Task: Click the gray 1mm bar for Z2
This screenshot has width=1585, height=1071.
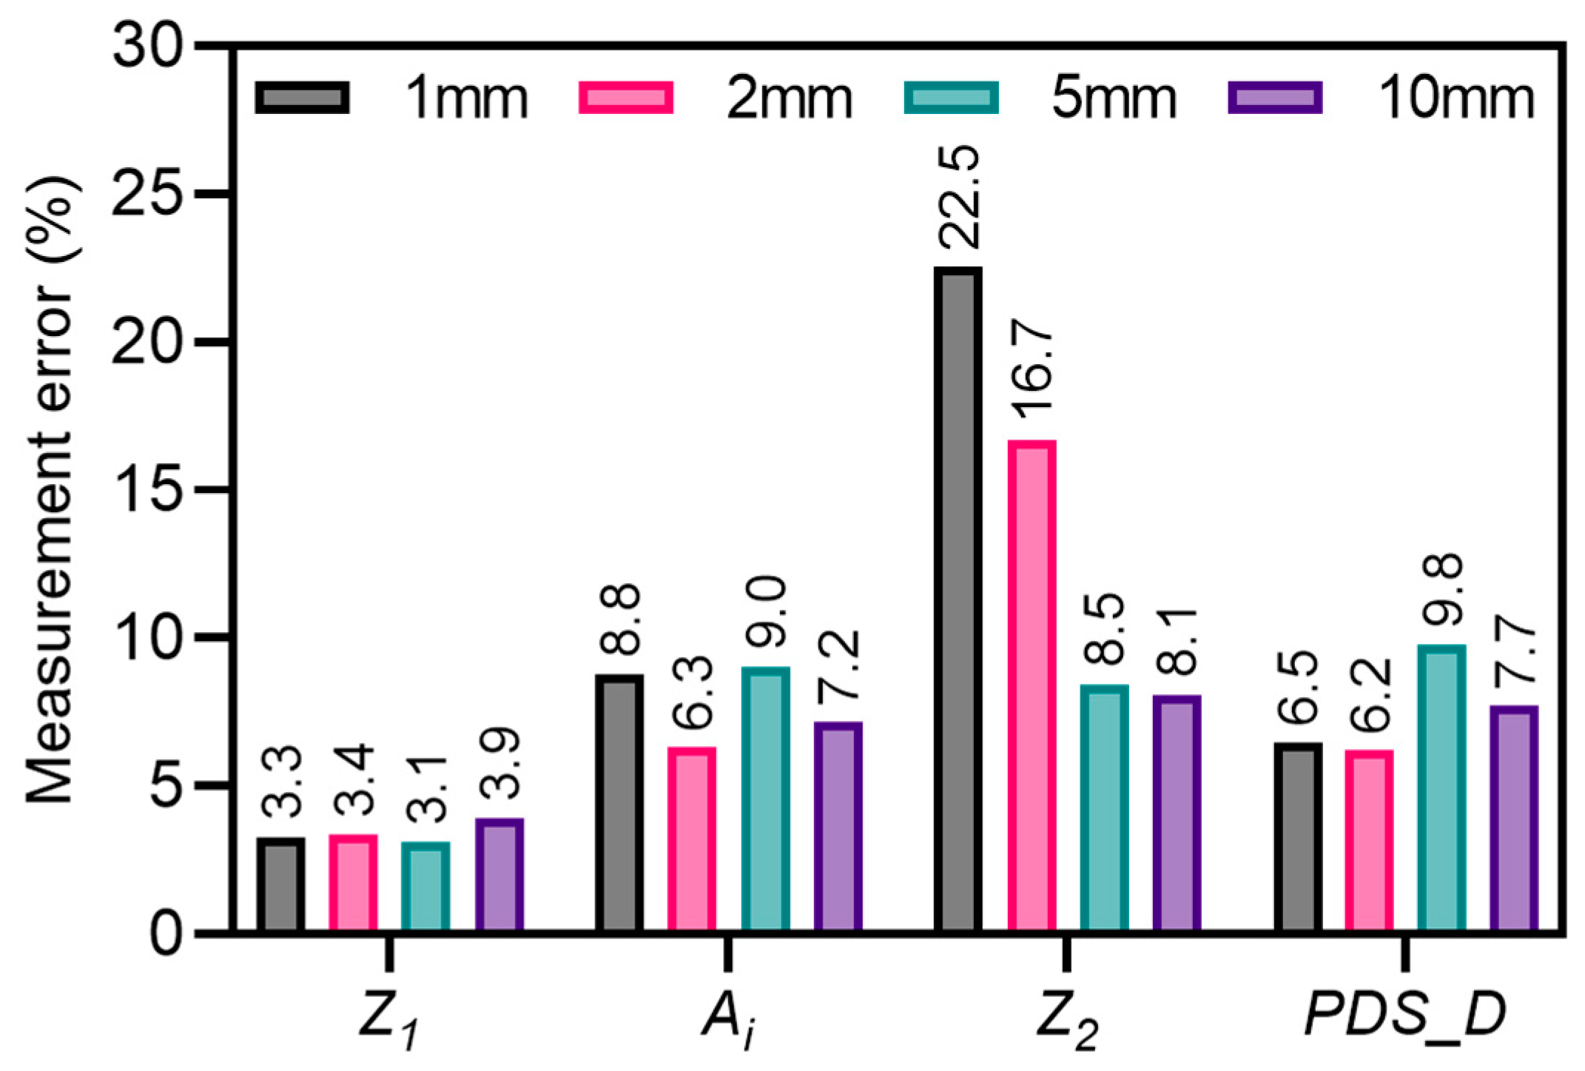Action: [x=958, y=600]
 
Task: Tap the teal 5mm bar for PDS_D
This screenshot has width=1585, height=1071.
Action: [x=1441, y=788]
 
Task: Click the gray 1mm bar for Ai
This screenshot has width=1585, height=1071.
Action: [x=619, y=803]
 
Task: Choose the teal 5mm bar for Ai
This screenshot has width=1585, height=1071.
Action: [x=766, y=799]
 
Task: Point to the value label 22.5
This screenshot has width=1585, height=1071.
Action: [x=959, y=198]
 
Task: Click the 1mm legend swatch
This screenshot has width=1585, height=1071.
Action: [x=302, y=98]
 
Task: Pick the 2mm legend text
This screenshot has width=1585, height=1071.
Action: [x=789, y=99]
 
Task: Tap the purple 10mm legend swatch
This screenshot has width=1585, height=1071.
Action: [x=1274, y=98]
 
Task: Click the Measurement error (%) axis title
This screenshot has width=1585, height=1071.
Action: [x=50, y=489]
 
